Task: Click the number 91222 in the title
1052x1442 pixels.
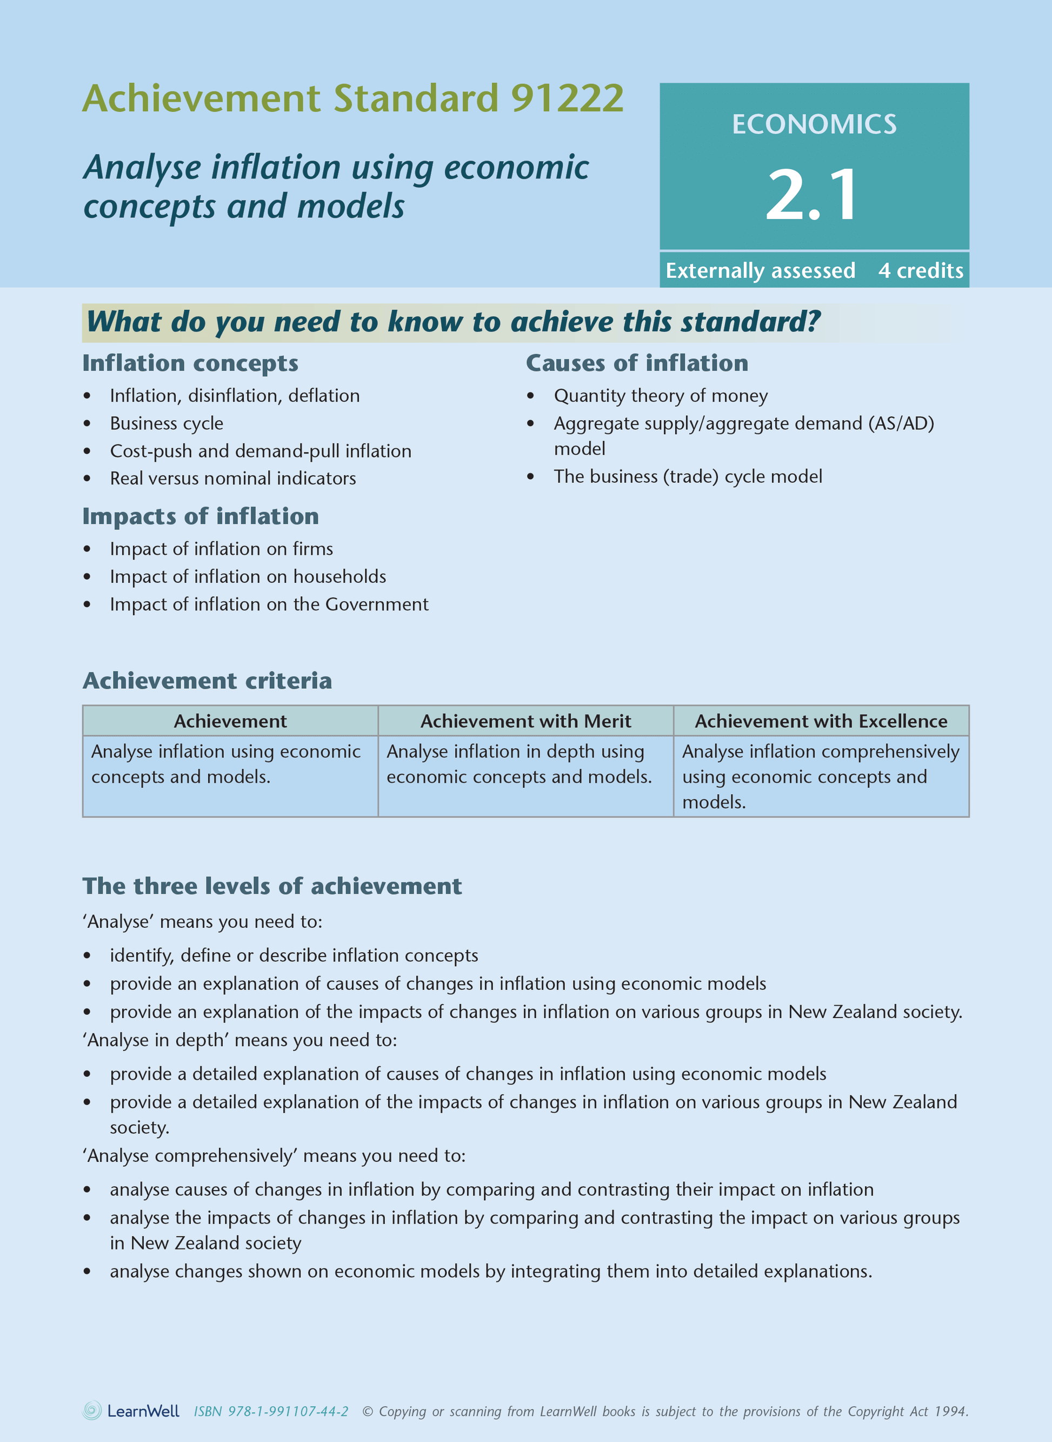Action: (567, 99)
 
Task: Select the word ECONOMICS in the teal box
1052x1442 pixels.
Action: (814, 124)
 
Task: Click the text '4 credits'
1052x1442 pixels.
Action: (920, 271)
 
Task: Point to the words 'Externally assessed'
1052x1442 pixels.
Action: (760, 271)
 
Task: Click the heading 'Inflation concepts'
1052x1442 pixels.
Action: (190, 363)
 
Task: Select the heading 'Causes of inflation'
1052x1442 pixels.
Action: (637, 363)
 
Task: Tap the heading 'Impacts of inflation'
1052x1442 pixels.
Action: (201, 516)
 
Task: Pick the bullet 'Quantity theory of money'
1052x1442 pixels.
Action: (661, 396)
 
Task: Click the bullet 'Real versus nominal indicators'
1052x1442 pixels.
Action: (232, 479)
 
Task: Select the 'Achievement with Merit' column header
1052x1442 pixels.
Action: (525, 721)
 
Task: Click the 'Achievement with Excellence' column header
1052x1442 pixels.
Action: (821, 721)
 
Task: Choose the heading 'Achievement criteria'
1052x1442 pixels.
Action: (207, 681)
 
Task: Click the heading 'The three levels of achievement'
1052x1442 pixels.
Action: (272, 886)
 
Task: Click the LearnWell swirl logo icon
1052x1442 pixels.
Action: (92, 1411)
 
